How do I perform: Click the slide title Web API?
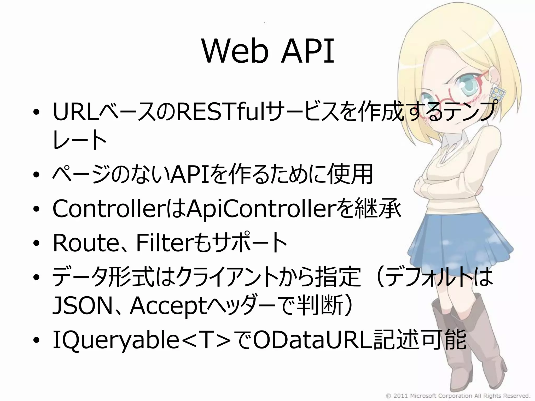268,51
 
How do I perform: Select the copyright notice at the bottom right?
458,396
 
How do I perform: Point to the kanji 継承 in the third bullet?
377,209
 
